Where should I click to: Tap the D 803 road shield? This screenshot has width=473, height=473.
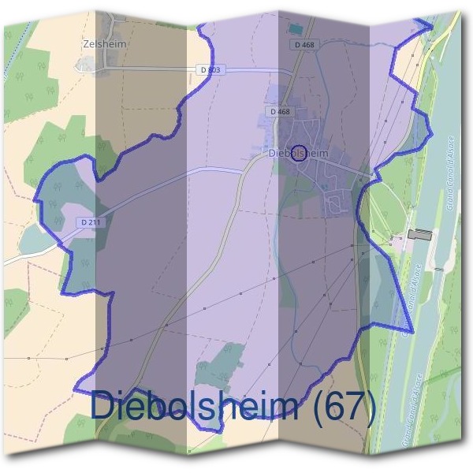coord(211,70)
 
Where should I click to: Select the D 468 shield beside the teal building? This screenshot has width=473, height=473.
coord(304,45)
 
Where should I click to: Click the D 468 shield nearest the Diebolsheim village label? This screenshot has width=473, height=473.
coord(279,112)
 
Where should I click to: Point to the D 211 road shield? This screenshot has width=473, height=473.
coord(89,222)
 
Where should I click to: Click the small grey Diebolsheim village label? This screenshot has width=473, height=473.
coord(298,153)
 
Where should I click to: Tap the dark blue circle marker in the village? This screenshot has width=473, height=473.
coord(299,153)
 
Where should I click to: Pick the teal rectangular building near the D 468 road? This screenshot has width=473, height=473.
coord(296,29)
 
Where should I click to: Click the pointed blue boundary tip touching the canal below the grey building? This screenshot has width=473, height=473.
coord(411,330)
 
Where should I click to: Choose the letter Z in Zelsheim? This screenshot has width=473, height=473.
coord(85,45)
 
